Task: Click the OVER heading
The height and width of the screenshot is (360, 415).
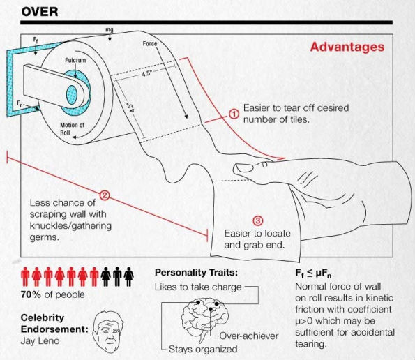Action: [x=40, y=12]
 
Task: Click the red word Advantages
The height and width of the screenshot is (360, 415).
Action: [x=347, y=47]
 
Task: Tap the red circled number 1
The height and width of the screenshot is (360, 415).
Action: [x=234, y=114]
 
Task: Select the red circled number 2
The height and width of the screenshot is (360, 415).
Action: [x=105, y=195]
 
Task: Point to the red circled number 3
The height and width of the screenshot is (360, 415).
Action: [x=258, y=220]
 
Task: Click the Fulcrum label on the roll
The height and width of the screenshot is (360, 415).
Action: [x=75, y=61]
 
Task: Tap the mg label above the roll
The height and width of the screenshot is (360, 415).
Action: [x=110, y=29]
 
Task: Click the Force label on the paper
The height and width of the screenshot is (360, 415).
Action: [x=150, y=43]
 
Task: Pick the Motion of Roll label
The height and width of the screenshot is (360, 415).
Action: [x=72, y=128]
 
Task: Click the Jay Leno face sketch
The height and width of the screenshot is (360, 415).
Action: [x=107, y=332]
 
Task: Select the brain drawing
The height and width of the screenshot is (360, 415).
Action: [x=204, y=316]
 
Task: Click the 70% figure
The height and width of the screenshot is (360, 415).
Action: [x=31, y=294]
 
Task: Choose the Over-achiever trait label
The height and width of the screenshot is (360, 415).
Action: [x=249, y=336]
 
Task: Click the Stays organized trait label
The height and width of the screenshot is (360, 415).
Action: [x=203, y=349]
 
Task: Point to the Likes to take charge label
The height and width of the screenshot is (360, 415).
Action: [x=198, y=287]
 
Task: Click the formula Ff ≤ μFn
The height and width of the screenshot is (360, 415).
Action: [x=313, y=273]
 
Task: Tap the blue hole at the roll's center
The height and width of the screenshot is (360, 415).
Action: [x=72, y=95]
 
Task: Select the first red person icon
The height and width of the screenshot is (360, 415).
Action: [x=25, y=276]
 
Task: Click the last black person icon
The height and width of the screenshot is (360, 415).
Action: [x=129, y=276]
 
